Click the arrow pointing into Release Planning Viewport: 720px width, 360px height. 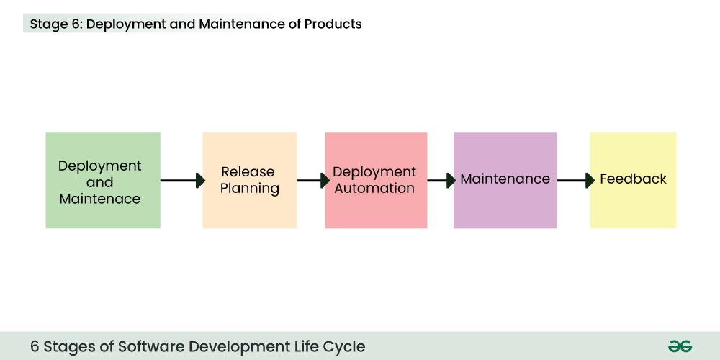(183, 180)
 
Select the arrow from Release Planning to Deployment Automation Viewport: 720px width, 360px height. (313, 180)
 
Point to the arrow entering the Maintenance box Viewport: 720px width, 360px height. (441, 180)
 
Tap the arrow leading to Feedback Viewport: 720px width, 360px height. (575, 180)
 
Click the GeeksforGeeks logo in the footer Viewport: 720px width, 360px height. (680, 346)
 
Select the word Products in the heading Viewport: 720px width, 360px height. (333, 24)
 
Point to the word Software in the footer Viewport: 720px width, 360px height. (156, 346)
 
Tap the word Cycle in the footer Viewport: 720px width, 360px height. (343, 346)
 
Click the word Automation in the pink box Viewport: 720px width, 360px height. (374, 189)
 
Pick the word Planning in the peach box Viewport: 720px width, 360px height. (249, 189)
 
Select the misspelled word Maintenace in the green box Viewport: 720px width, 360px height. (99, 199)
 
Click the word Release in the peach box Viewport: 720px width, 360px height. (248, 172)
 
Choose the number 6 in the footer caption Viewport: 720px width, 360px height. (35, 346)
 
